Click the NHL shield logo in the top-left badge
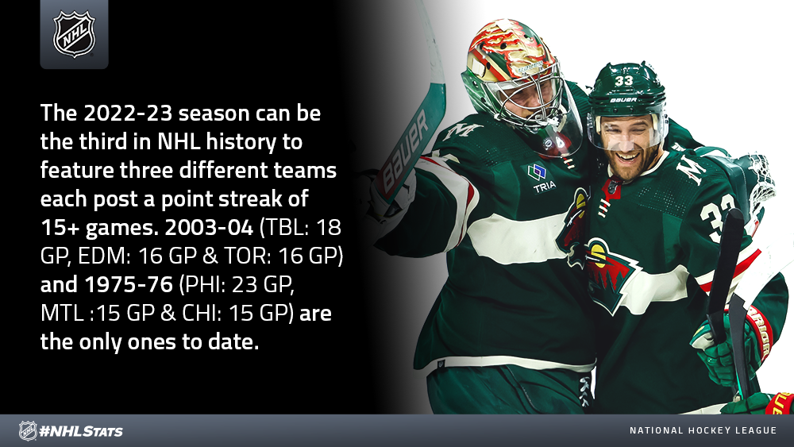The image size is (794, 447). (74, 34)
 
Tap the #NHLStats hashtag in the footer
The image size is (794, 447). (81, 431)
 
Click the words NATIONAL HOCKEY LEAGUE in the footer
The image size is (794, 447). (703, 430)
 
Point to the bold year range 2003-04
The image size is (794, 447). (209, 228)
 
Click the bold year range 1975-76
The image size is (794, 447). (129, 284)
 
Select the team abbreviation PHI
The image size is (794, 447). (205, 284)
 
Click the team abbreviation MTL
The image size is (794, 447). (62, 314)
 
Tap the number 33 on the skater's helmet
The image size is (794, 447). (624, 81)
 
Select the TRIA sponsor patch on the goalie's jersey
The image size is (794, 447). (541, 178)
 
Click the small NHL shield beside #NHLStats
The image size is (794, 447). (28, 431)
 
